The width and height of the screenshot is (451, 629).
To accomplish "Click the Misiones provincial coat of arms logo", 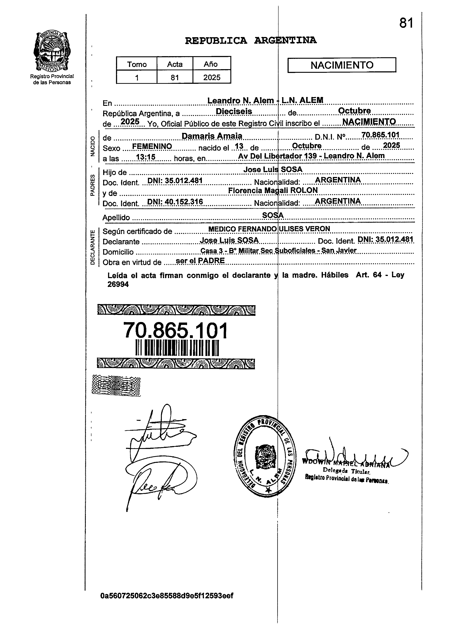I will point(52,52).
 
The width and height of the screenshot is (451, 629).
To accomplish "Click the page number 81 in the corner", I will point(406,23).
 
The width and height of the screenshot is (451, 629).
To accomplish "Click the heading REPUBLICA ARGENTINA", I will point(251,40).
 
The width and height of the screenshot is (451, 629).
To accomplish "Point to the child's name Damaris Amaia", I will point(212,136).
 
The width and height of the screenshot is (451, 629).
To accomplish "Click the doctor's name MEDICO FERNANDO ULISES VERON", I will point(269,229).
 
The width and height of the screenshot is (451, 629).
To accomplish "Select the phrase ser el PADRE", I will point(200,260).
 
